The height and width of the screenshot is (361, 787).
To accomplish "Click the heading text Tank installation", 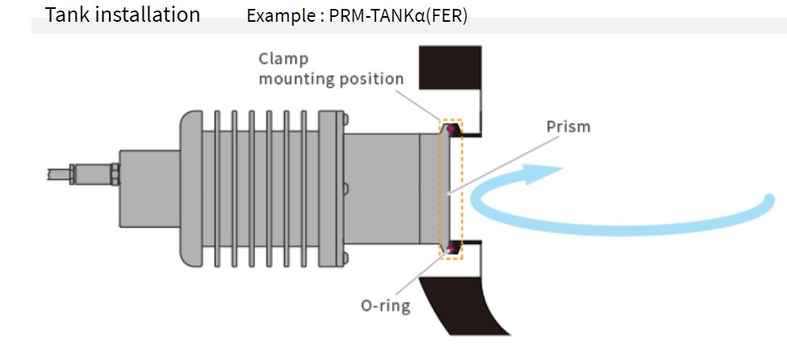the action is point(123,15).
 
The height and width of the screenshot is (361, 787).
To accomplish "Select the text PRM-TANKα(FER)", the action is point(398,16).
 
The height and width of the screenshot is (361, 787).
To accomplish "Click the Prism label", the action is point(568,127).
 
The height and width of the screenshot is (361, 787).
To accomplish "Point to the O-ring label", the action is point(386,305).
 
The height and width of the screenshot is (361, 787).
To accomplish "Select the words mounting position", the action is point(331,79).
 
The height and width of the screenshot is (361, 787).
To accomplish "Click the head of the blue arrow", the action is point(539,174).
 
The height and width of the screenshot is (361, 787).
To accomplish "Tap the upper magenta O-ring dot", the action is point(450,129).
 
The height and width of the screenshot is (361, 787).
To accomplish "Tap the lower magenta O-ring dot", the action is point(450,247).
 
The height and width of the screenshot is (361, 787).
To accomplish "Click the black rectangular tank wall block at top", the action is point(450,67).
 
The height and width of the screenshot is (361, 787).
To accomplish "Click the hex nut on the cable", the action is point(115,174).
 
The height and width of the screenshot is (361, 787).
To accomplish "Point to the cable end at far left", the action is point(49,174).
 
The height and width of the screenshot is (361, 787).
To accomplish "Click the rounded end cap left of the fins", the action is point(191,189).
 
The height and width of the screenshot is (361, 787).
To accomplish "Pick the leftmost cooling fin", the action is point(217,189).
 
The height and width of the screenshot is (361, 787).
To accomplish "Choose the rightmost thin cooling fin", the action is point(303,189).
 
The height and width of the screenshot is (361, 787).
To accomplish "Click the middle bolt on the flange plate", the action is point(345,189).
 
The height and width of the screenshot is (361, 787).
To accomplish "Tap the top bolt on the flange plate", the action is point(345,120).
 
